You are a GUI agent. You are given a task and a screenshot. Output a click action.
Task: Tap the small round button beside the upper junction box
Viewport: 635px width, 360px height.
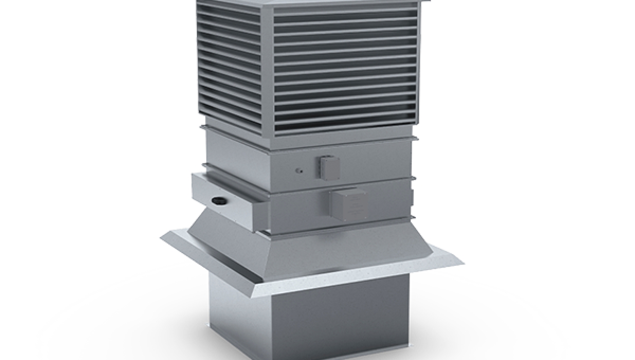[x=298, y=171]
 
